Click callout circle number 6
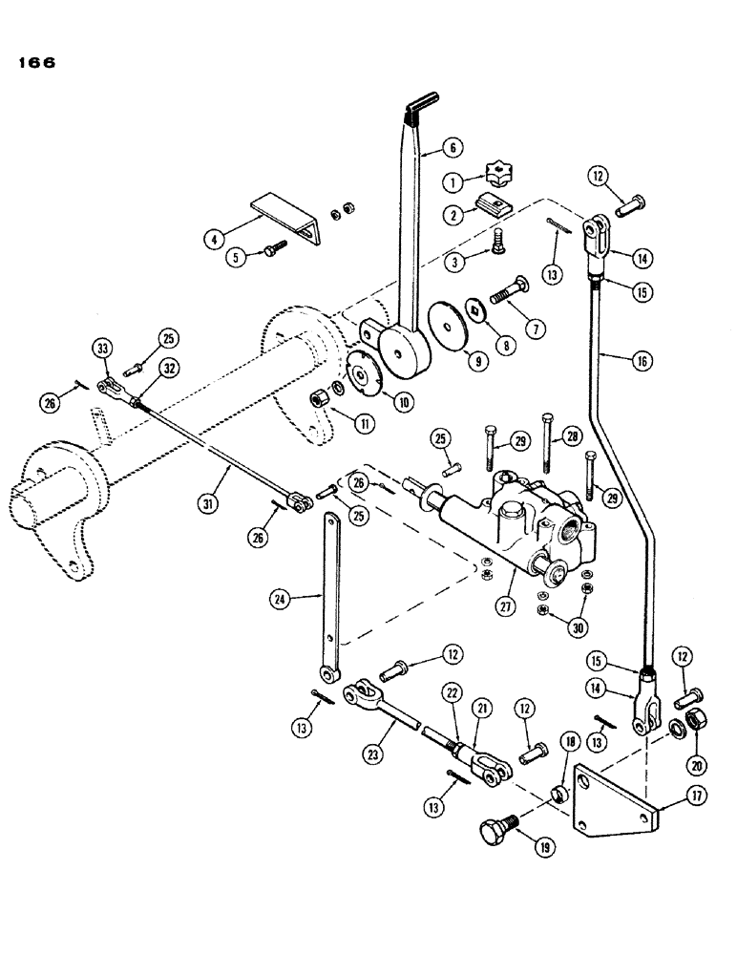[x=452, y=147]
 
